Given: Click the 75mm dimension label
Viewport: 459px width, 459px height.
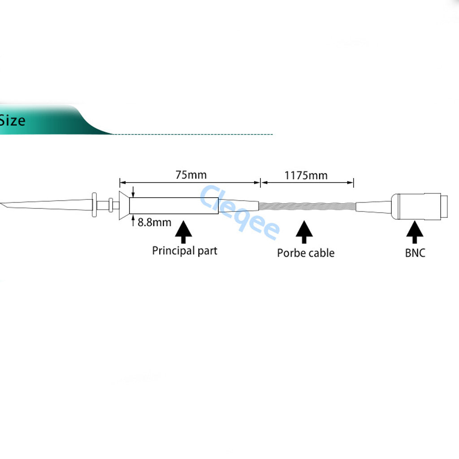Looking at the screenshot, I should click(x=191, y=175).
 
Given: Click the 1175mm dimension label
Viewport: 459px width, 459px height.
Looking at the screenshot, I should click(x=306, y=175).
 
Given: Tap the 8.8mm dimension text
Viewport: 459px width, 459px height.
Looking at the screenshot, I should click(x=154, y=222).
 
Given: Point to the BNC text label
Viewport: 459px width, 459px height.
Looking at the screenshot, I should click(x=415, y=253).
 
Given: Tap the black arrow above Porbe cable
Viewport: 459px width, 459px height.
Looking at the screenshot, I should click(x=304, y=232).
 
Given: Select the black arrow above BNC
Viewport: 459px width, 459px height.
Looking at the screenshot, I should click(x=415, y=232).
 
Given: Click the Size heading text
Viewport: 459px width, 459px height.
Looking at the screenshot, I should click(x=13, y=121).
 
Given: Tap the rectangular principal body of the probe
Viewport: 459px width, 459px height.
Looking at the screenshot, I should click(x=174, y=206).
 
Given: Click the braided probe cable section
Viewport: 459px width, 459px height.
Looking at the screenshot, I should click(x=307, y=206).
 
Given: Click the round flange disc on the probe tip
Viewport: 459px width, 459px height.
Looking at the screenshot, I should click(x=94, y=205).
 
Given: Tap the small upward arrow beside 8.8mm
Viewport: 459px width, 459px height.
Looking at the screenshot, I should click(x=133, y=220).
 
